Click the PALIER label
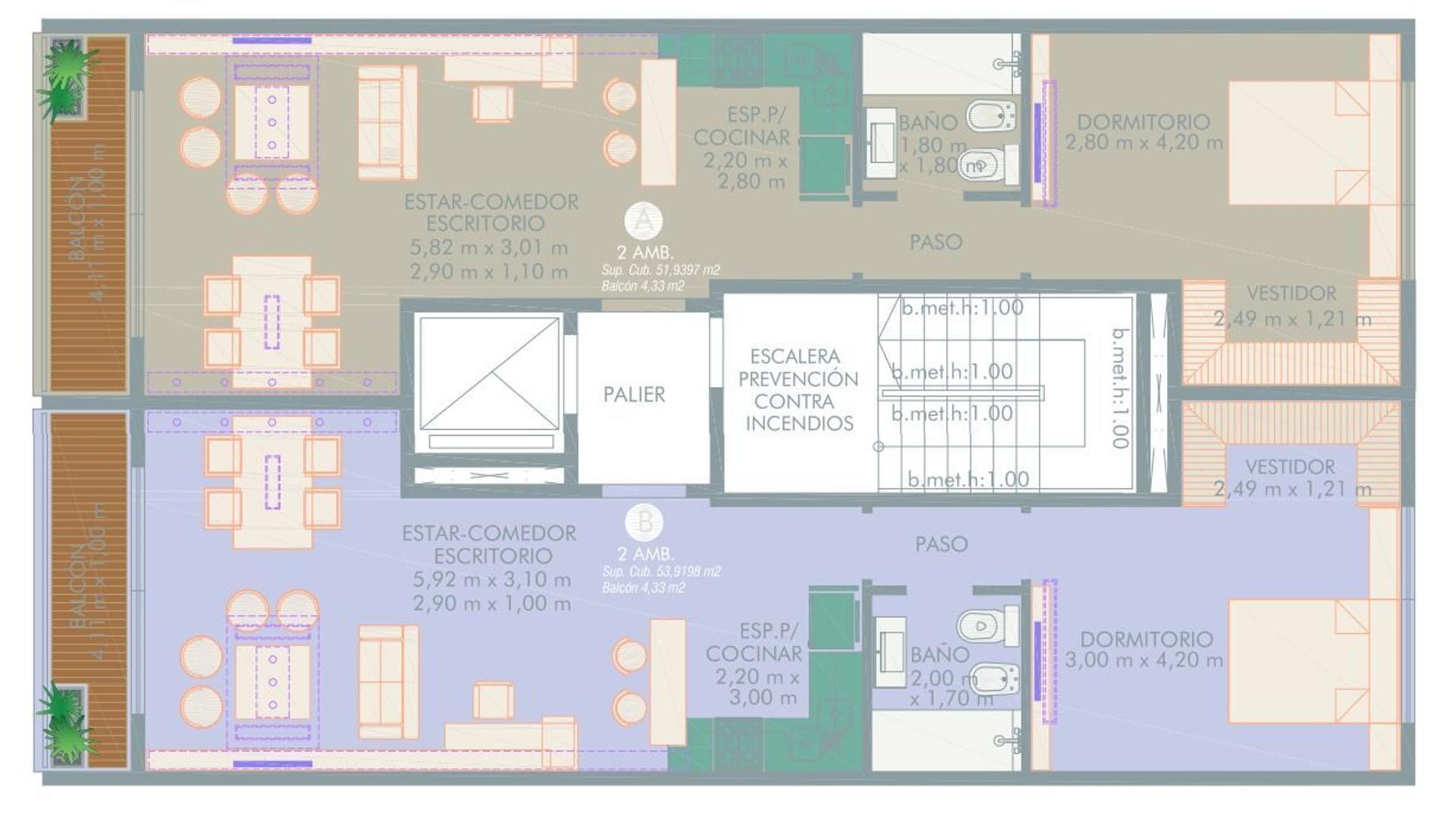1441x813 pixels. click(x=634, y=394)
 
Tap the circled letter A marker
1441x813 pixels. click(x=644, y=221)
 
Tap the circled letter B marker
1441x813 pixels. click(x=644, y=522)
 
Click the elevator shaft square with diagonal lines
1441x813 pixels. click(x=489, y=373)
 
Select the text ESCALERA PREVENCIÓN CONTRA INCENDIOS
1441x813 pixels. click(x=797, y=390)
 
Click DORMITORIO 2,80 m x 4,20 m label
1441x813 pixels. click(x=1144, y=132)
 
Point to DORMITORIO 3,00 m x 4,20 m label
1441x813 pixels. click(x=1144, y=650)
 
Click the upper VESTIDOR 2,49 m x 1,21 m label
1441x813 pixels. click(x=1292, y=306)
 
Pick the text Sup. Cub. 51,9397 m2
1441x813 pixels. click(x=660, y=269)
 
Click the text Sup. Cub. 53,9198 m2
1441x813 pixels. click(x=661, y=571)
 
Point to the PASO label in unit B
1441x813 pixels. click(x=941, y=544)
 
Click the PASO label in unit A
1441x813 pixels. click(x=936, y=242)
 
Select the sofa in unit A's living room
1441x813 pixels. click(x=387, y=122)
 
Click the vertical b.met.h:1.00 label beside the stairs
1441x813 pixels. click(x=1120, y=388)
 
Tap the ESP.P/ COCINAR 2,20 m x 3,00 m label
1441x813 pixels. click(x=753, y=664)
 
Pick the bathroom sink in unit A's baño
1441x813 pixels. click(x=879, y=142)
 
